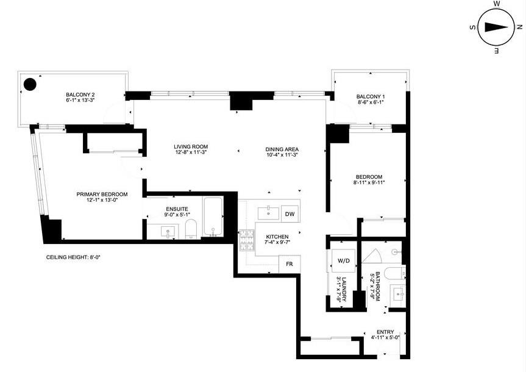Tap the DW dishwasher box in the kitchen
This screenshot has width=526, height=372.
point(290,214)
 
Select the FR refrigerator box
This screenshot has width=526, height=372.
point(289,265)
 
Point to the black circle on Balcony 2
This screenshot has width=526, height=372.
point(29,84)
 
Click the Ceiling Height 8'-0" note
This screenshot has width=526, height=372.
point(73,257)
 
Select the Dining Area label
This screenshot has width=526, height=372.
point(282,150)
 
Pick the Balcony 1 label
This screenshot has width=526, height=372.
point(371,97)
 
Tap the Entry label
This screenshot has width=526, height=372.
point(385,332)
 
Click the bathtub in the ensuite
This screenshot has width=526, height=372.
point(213,216)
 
